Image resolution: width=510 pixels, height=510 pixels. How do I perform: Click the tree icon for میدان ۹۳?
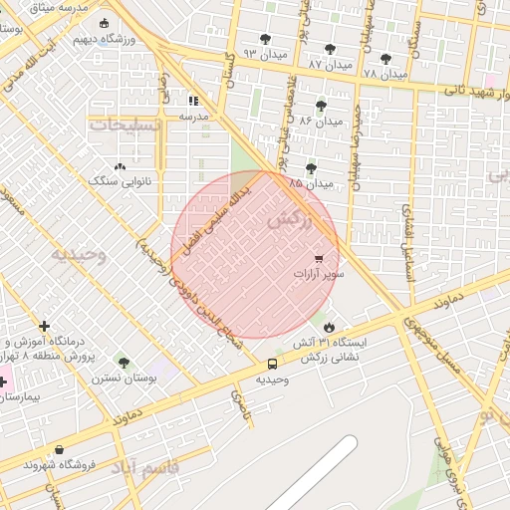pyautogui.click(x=265, y=39)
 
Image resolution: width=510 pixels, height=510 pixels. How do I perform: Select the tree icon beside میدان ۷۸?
pyautogui.click(x=385, y=59)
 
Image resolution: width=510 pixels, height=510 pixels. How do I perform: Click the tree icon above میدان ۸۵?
pyautogui.click(x=311, y=168)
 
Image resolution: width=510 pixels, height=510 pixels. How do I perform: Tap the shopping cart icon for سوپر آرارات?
pyautogui.click(x=319, y=258)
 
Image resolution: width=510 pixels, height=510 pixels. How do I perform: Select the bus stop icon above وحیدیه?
pyautogui.click(x=272, y=364)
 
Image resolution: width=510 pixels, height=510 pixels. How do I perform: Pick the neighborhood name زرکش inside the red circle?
pyautogui.click(x=290, y=220)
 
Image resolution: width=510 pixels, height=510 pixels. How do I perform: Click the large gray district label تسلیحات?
pyautogui.click(x=125, y=126)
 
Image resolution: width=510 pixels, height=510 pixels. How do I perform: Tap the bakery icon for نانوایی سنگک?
pyautogui.click(x=121, y=167)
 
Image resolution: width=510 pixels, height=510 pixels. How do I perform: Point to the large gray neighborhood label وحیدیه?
pyautogui.click(x=77, y=254)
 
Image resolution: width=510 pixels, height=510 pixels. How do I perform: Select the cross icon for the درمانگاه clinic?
pyautogui.click(x=44, y=326)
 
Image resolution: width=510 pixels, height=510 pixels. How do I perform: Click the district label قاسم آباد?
pyautogui.click(x=144, y=467)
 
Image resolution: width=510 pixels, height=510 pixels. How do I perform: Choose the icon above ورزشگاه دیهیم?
pyautogui.click(x=105, y=24)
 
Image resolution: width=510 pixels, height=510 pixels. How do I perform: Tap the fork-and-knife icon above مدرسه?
pyautogui.click(x=193, y=101)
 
